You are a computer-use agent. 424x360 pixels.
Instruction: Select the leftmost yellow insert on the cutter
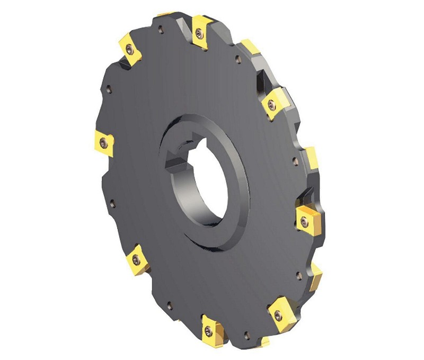pyautogui.click(x=103, y=141)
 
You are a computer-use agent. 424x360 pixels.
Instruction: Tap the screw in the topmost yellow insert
pyautogui.click(x=199, y=33)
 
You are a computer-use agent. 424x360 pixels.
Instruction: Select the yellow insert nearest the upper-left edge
pyautogui.click(x=129, y=49)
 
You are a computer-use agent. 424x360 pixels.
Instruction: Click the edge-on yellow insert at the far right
pyautogui.click(x=311, y=156)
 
